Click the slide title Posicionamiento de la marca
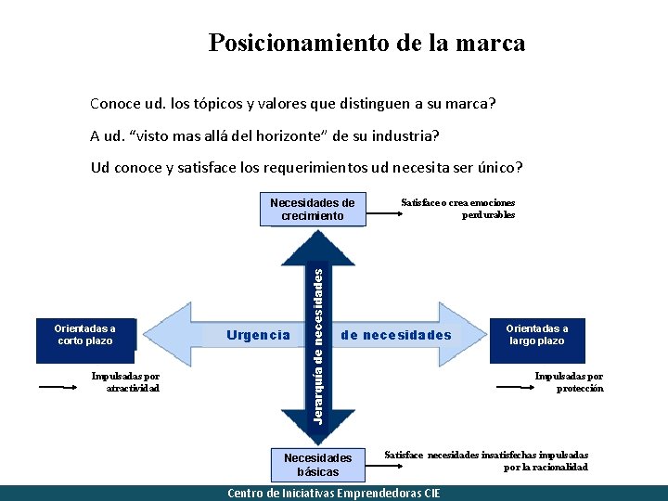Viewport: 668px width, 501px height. pyautogui.click(x=366, y=43)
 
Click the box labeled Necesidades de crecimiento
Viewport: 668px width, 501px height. pyautogui.click(x=312, y=210)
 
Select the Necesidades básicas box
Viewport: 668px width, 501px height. pyautogui.click(x=318, y=464)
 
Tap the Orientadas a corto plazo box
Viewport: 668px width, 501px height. pyautogui.click(x=84, y=334)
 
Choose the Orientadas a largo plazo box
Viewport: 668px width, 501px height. pyautogui.click(x=537, y=334)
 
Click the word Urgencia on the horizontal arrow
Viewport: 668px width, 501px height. pyautogui.click(x=259, y=335)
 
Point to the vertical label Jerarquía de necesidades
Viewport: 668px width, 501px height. pyautogui.click(x=318, y=343)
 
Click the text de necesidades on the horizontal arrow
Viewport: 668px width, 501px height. pyautogui.click(x=396, y=335)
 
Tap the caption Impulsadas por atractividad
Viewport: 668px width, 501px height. pyautogui.click(x=125, y=382)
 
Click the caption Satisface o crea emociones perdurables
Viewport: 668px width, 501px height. pyautogui.click(x=457, y=209)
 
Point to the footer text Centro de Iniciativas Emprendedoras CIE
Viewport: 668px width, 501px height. pyautogui.click(x=334, y=494)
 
